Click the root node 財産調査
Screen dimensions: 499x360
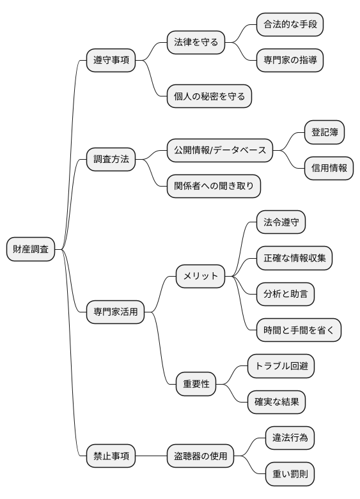point(31,249)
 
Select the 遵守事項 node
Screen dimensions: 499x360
point(111,61)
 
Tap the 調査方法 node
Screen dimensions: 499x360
point(111,159)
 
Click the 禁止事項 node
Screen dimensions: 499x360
point(111,457)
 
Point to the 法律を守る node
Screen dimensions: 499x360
point(196,43)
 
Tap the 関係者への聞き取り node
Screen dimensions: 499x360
point(214,186)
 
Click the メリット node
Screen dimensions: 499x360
point(201,276)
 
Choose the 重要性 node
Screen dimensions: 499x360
point(196,385)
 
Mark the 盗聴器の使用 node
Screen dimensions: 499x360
point(200,457)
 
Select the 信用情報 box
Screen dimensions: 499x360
point(329,168)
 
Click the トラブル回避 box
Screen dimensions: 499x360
point(281,367)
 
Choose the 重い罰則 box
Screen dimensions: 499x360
point(290,475)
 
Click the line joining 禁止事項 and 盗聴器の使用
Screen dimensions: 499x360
point(151,457)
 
